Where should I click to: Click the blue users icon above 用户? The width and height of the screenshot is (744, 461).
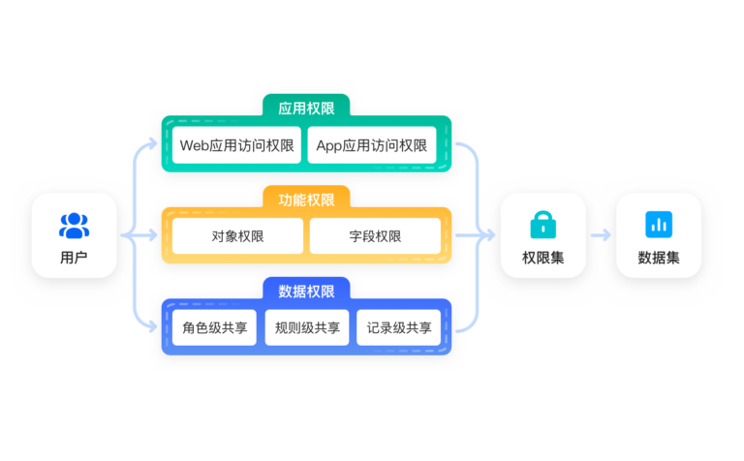point(74,226)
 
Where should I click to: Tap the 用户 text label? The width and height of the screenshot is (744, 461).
point(74,258)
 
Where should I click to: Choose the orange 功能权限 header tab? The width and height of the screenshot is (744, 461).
point(306,200)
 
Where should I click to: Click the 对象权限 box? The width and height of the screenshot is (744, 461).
point(237,236)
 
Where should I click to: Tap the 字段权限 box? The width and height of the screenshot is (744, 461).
point(375,236)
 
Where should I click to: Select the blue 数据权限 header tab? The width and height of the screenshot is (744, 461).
point(306,291)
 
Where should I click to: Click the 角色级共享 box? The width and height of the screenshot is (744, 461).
point(214,327)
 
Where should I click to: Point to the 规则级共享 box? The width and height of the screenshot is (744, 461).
point(307,327)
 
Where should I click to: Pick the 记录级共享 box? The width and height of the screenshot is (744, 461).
point(399,327)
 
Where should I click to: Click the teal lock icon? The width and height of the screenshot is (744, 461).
point(542,225)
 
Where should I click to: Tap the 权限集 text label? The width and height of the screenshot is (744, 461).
point(542,258)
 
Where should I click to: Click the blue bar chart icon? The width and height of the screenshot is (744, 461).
point(659,225)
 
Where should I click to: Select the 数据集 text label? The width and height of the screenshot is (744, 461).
point(659,258)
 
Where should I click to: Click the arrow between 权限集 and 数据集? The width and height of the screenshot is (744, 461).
point(601,235)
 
